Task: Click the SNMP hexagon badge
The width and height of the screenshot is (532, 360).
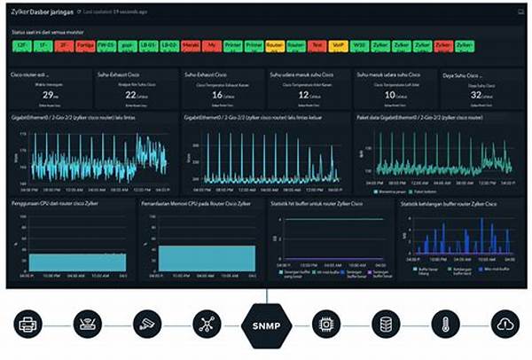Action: coord(266,325)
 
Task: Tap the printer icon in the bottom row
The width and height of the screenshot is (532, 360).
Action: coord(28,325)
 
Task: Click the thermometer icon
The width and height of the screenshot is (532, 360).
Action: coord(442,325)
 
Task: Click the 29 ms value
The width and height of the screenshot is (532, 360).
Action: coord(50,94)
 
